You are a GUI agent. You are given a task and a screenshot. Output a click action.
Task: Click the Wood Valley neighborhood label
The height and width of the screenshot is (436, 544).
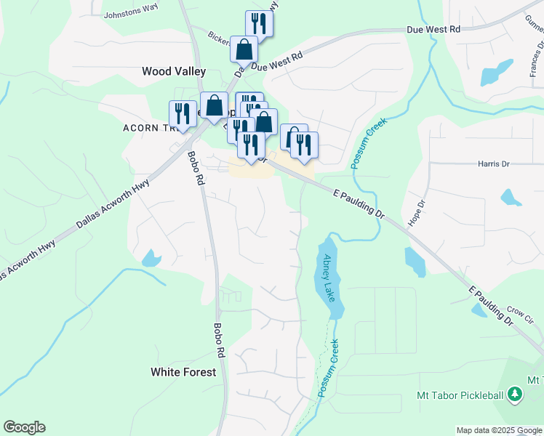(174, 71)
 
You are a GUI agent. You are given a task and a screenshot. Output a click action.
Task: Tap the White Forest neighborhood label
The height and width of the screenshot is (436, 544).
(183, 372)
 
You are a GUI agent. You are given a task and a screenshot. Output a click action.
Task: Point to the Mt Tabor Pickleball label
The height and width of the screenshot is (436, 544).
(460, 395)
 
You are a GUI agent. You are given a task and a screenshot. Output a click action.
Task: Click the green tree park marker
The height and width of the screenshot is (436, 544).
(515, 394)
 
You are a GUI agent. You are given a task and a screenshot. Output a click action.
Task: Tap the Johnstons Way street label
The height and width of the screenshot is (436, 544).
(131, 14)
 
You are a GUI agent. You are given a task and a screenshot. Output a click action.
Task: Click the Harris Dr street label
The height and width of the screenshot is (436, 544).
(493, 164)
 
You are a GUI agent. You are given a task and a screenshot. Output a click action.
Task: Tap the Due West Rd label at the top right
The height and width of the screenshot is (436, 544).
(434, 29)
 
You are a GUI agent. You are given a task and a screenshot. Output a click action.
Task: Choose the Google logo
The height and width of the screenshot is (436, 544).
(24, 427)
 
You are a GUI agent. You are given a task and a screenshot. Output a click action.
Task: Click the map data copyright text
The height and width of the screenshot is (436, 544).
(498, 430)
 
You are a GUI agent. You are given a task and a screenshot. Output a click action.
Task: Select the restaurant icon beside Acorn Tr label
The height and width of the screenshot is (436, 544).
(183, 113)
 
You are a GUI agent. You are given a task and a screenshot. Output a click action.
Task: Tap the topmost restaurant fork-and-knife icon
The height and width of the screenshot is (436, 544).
(259, 23)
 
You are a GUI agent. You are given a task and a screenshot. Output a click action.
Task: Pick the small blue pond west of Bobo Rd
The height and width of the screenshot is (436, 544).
(151, 257)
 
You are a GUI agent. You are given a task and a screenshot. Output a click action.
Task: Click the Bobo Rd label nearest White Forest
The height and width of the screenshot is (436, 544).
(219, 340)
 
